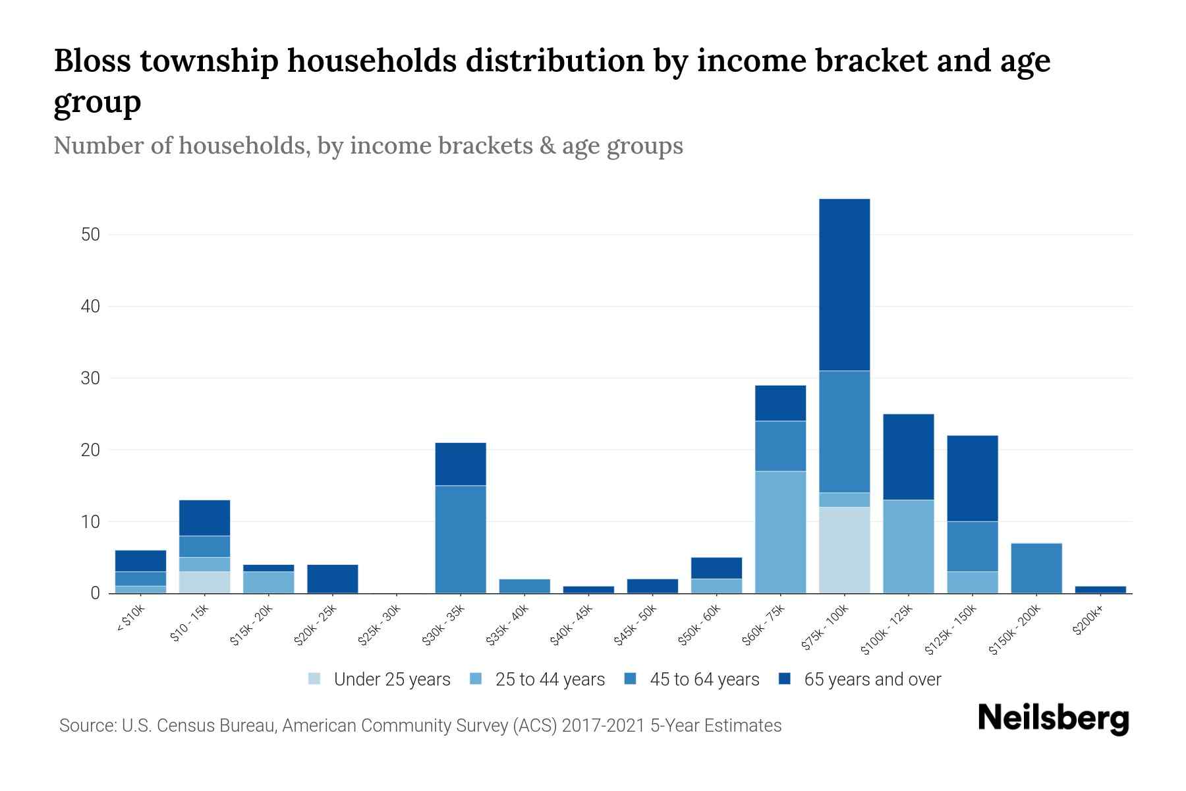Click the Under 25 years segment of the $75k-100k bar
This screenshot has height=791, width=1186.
(x=844, y=550)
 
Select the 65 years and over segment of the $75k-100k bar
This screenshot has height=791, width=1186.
(x=844, y=285)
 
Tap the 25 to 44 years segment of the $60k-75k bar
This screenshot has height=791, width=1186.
(x=780, y=532)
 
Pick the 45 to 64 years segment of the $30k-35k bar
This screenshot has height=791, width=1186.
(x=461, y=539)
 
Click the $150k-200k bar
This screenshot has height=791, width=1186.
(x=1036, y=568)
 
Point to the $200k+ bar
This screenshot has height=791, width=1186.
(x=1100, y=589)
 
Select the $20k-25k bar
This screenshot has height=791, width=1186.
(x=332, y=579)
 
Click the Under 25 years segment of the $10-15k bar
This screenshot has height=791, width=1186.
(x=204, y=582)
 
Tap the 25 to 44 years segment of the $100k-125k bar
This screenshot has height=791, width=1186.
(x=908, y=546)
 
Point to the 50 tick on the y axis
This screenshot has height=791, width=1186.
(x=90, y=235)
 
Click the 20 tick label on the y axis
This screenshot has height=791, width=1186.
(x=90, y=450)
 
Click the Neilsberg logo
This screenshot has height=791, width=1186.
(x=1053, y=718)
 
